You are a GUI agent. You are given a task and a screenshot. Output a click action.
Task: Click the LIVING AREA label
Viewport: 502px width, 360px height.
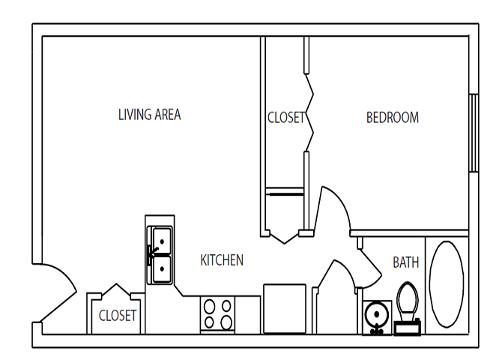click(x=149, y=115)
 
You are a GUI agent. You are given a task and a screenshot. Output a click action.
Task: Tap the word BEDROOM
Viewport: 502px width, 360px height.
click(x=392, y=118)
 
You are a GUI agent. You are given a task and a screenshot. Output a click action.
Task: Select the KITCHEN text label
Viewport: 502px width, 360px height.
click(x=222, y=260)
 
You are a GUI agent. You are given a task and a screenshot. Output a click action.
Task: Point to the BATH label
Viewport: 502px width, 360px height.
click(x=405, y=262)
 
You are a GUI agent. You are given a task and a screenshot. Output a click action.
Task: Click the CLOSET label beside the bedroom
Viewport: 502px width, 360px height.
click(x=285, y=118)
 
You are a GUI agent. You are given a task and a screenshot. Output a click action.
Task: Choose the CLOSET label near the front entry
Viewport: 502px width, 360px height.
click(x=118, y=316)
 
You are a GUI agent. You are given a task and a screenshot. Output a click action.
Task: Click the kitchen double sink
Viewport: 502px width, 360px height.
click(x=160, y=255)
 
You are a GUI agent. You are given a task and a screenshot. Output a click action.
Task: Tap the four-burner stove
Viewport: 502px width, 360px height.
click(x=218, y=314)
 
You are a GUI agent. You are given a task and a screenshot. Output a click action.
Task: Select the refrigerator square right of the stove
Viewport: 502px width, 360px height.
click(x=284, y=308)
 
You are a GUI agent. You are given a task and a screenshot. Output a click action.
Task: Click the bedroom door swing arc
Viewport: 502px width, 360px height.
click(x=335, y=210)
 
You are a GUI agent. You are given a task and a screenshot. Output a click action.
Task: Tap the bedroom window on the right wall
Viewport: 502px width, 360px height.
click(x=473, y=133)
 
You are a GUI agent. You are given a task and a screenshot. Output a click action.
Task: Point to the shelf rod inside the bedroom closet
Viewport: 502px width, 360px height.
click(x=285, y=193)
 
